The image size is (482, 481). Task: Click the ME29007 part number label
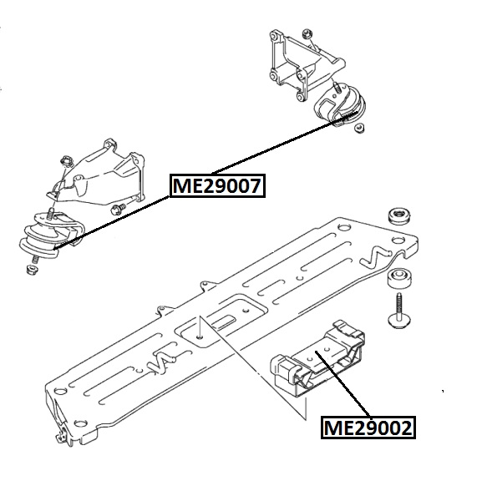(x=218, y=185)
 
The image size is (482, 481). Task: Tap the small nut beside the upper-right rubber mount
(x=359, y=128)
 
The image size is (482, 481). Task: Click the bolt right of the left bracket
(x=119, y=205)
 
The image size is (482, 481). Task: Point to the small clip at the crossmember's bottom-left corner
(x=60, y=435)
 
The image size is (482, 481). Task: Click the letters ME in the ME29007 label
(x=185, y=185)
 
